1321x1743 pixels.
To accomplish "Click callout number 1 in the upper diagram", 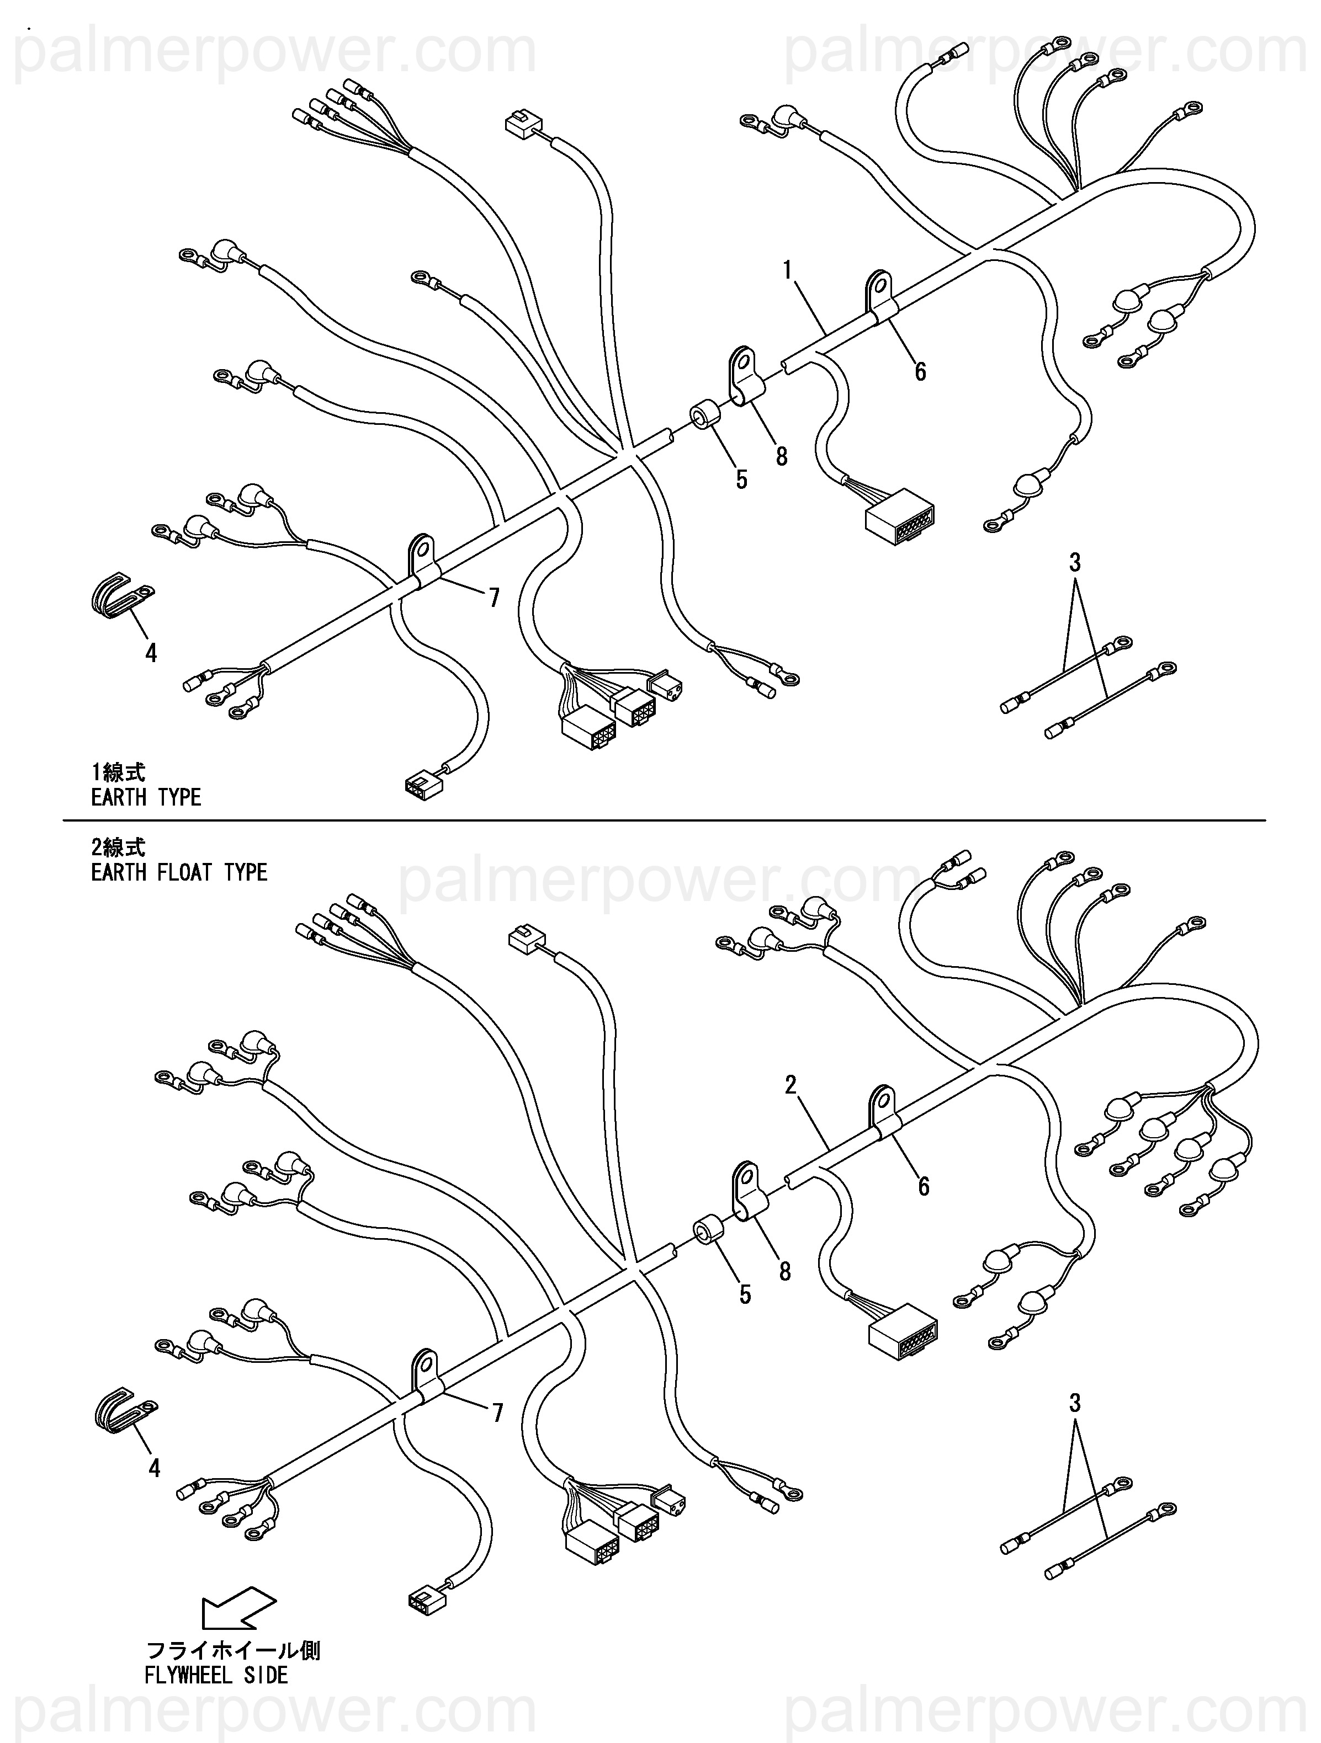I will tap(787, 270).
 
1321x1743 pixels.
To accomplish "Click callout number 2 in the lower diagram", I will tap(791, 1085).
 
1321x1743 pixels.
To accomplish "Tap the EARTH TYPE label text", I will tap(146, 797).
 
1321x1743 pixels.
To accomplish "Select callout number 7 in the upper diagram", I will tap(494, 599).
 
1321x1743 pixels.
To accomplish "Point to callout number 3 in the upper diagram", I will tap(1074, 563).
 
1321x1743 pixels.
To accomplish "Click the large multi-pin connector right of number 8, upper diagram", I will tap(899, 517).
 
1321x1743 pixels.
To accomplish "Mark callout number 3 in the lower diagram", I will tap(1074, 1403).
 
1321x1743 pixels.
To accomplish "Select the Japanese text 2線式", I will tap(118, 847).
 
